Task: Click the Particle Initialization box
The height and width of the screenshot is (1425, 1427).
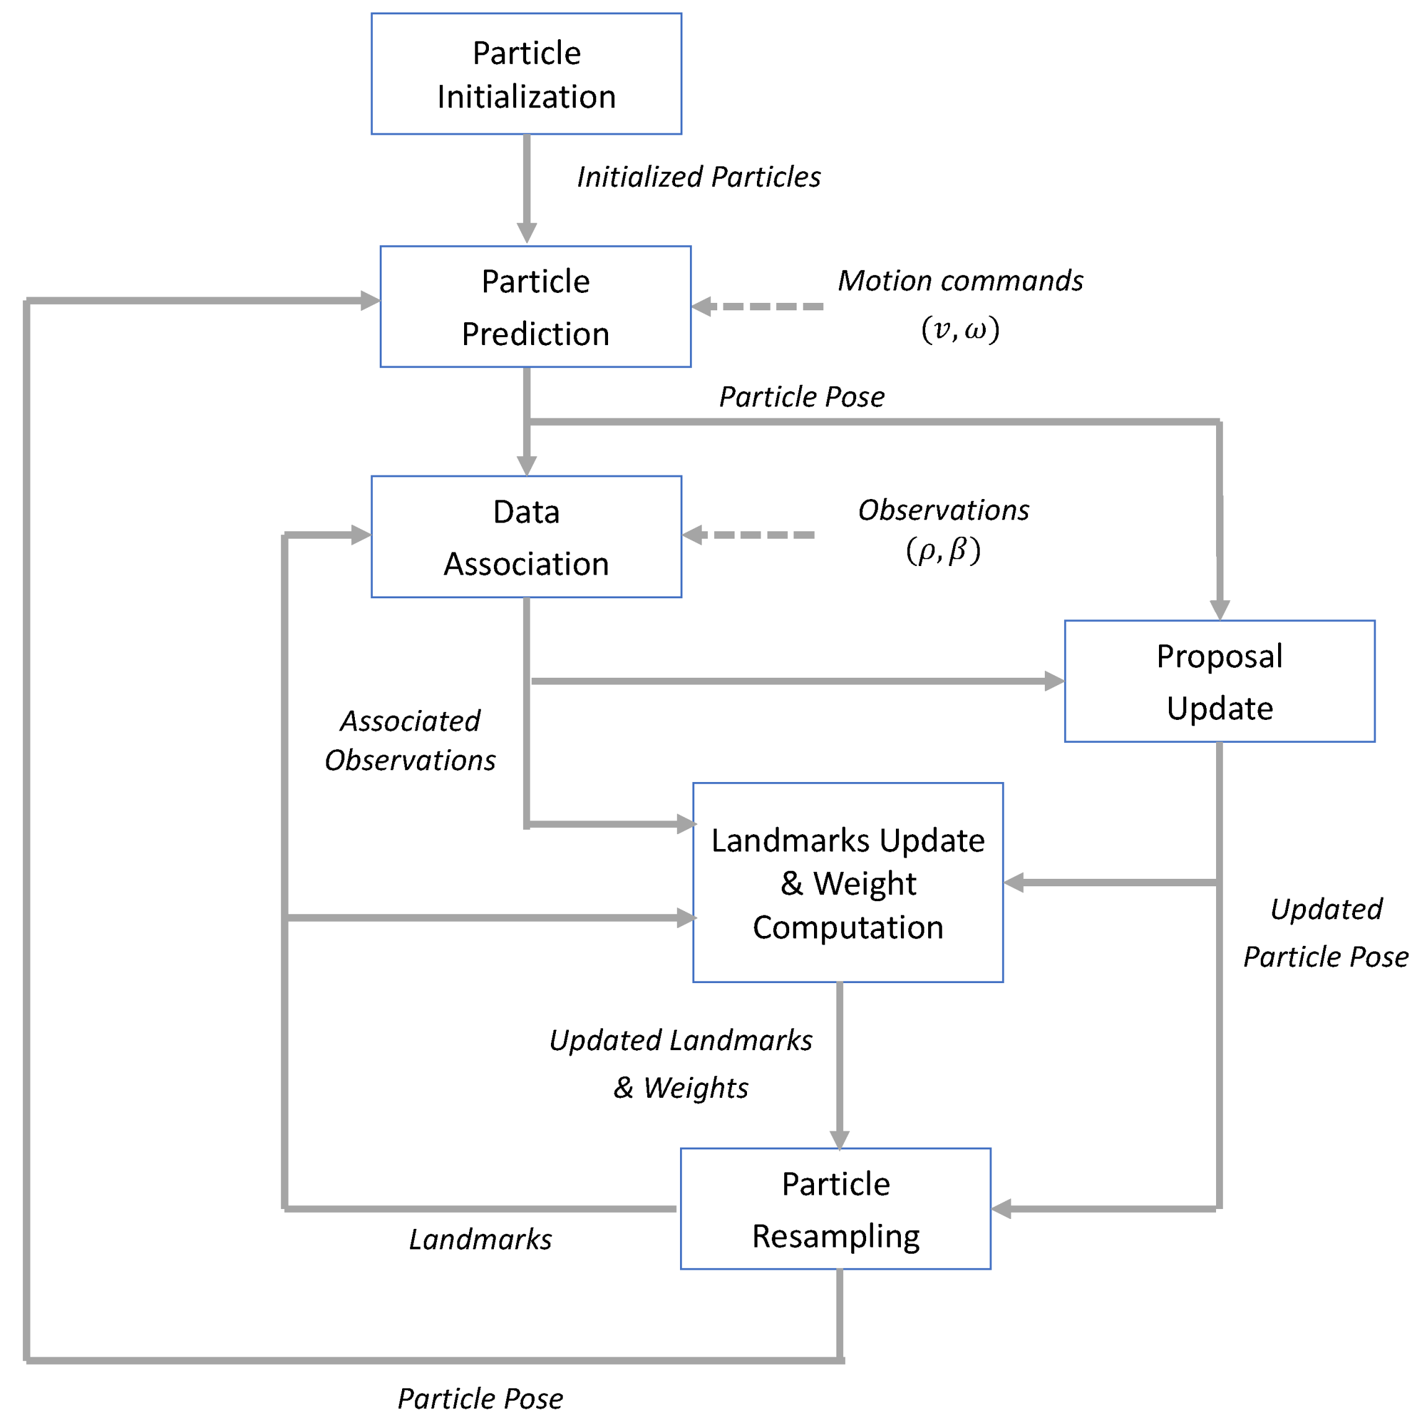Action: pyautogui.click(x=526, y=74)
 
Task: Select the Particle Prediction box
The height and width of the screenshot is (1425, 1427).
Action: pyautogui.click(x=535, y=307)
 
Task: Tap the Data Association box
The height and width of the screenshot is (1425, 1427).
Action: pyautogui.click(x=526, y=537)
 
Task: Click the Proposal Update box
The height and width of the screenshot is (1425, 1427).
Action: pyautogui.click(x=1219, y=681)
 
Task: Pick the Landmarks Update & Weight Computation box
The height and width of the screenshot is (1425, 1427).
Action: pyautogui.click(x=847, y=883)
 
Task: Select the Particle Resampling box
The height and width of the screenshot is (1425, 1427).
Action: pyautogui.click(x=834, y=1209)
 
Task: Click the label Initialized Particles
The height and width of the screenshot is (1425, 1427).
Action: pyautogui.click(x=698, y=178)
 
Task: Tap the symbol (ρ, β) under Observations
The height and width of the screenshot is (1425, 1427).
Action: pyautogui.click(x=942, y=551)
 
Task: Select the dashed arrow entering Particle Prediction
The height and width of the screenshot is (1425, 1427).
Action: pyautogui.click(x=761, y=306)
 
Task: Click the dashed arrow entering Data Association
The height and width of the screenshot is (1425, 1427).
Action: pyautogui.click(x=749, y=535)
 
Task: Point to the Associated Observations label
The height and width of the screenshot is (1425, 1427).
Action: pyautogui.click(x=410, y=740)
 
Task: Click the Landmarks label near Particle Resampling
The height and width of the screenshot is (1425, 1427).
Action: pyautogui.click(x=480, y=1239)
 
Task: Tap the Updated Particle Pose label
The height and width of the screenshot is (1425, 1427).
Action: pyautogui.click(x=1326, y=933)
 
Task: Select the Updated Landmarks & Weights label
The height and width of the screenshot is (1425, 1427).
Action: pyautogui.click(x=680, y=1064)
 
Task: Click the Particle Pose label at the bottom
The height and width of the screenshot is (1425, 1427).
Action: pyautogui.click(x=480, y=1398)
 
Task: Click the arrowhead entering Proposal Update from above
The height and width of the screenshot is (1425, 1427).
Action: pyautogui.click(x=1219, y=609)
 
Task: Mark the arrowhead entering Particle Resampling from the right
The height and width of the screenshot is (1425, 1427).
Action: pyautogui.click(x=1001, y=1208)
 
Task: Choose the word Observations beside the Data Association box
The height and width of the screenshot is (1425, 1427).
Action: pyautogui.click(x=943, y=510)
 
